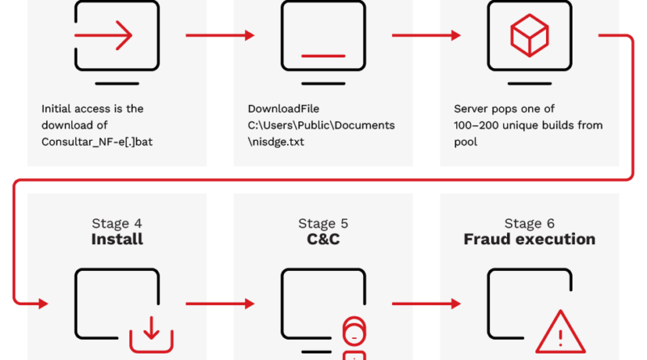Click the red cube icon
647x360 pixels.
point(530,35)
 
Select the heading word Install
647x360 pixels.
point(117,239)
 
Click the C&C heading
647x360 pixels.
point(323,239)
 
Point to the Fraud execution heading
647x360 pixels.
point(530,239)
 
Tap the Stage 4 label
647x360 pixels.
point(116,223)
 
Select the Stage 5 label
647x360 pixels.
point(323,223)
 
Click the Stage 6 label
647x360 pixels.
point(530,223)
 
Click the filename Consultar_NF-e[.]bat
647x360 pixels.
point(97,142)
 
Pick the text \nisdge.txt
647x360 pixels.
point(276,142)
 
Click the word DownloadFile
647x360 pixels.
point(284,108)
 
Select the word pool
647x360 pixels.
point(466,142)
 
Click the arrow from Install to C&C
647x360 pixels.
point(220,304)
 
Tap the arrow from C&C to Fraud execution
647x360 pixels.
point(426,304)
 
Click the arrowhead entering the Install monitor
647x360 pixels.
point(44,304)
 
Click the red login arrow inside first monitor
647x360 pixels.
point(104,36)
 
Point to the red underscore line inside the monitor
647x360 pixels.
point(323,56)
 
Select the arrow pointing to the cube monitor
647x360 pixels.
point(426,36)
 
